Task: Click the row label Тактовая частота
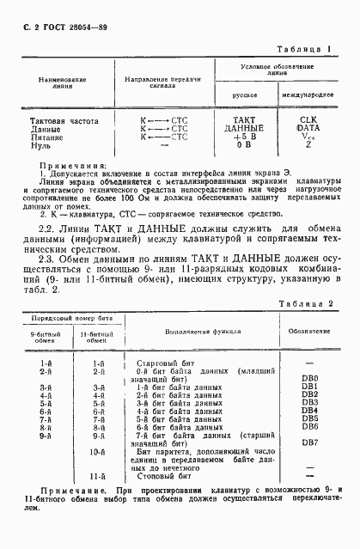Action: point(64,120)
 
